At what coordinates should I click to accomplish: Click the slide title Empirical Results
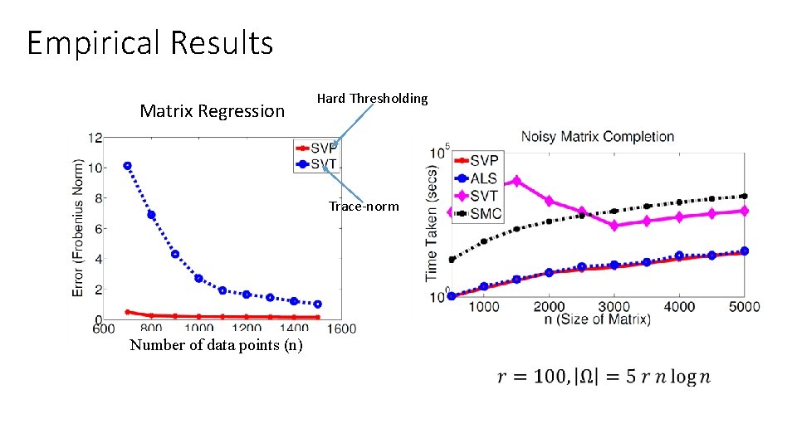click(x=150, y=42)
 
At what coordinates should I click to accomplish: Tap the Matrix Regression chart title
click(x=212, y=111)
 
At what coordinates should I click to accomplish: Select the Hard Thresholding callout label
click(x=372, y=99)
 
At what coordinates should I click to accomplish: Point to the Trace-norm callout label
click(x=363, y=206)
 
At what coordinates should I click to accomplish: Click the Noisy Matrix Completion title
click(x=597, y=136)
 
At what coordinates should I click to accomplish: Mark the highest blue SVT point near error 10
click(x=127, y=166)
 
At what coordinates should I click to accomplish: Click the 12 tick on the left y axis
click(x=96, y=137)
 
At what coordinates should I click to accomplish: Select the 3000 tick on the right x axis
click(x=614, y=306)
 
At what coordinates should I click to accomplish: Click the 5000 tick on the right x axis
click(x=744, y=306)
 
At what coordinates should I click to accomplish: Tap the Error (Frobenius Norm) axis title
click(x=78, y=227)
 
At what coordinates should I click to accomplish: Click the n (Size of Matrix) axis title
click(x=597, y=319)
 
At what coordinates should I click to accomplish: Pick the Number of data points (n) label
click(x=216, y=345)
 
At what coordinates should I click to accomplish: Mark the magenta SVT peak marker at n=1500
click(x=516, y=181)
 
